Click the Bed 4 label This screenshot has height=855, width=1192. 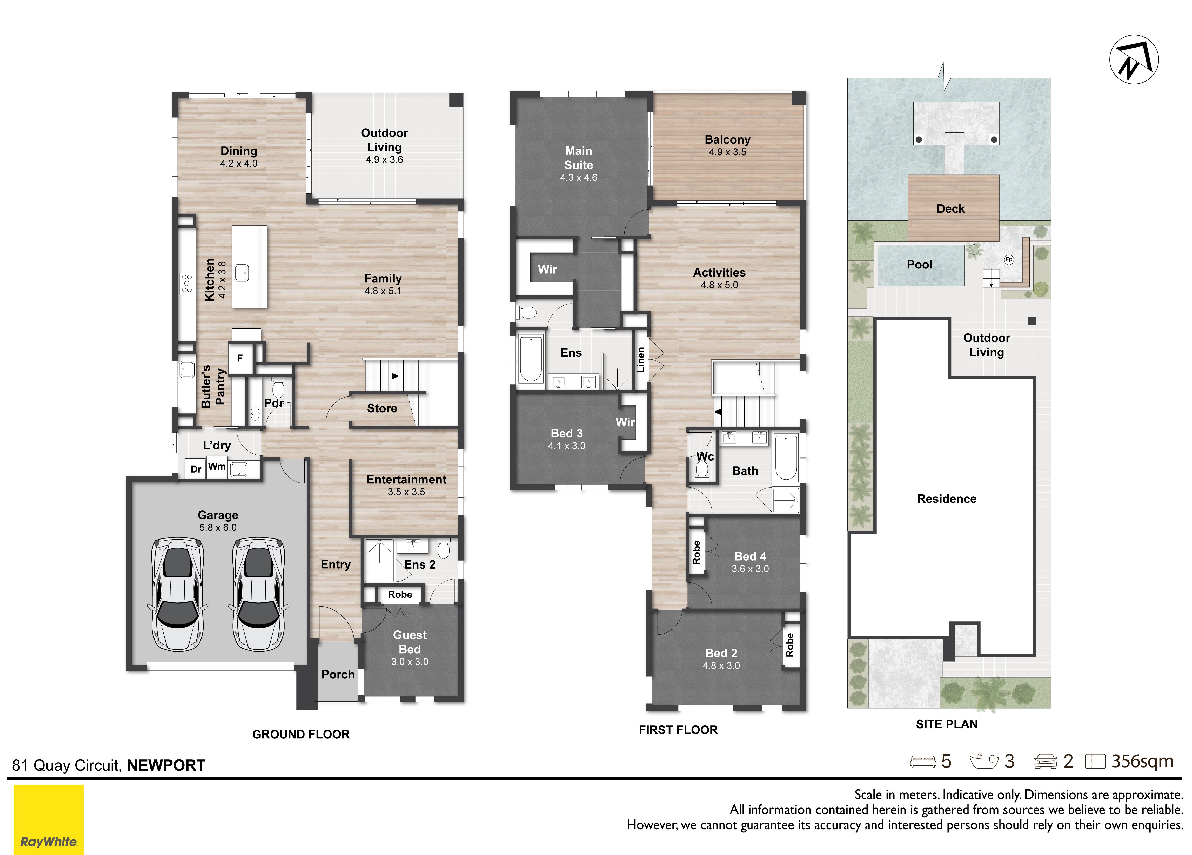[x=750, y=556]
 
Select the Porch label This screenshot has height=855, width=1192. [x=338, y=674]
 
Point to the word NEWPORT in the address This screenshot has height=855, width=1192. [x=166, y=765]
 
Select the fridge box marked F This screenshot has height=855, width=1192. [x=240, y=358]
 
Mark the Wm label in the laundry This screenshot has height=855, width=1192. [x=217, y=466]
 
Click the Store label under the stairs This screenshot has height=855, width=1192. [x=382, y=408]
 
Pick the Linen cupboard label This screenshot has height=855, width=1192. [x=641, y=360]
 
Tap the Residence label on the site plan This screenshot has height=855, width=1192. [x=947, y=499]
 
